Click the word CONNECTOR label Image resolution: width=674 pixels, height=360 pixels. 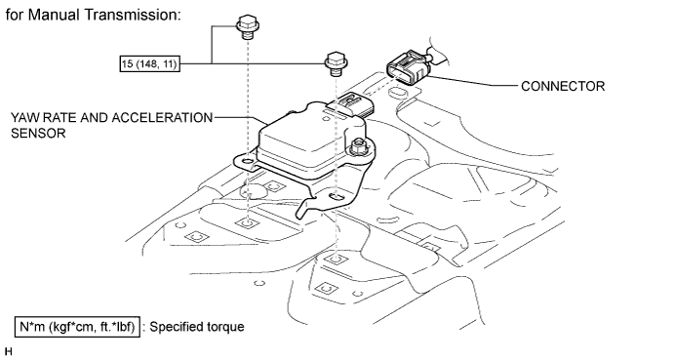point(563,86)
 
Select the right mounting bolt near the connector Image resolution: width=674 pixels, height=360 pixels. point(337,63)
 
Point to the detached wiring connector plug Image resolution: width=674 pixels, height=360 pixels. point(410,66)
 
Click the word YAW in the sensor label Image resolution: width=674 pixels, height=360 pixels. point(24,118)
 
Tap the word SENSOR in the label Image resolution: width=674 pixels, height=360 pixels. point(38,134)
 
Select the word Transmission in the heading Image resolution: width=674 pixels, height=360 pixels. point(132,15)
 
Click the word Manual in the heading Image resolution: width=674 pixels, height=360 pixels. point(54,15)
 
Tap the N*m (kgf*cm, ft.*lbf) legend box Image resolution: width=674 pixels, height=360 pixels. point(77,327)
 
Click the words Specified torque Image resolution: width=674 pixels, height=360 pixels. point(197,327)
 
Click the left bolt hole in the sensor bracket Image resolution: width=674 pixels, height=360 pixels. point(248,162)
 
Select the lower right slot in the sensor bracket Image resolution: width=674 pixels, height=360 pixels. point(337,197)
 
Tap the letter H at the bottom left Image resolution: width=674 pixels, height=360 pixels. point(9,351)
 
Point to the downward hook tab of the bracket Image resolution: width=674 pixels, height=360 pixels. point(305,207)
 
